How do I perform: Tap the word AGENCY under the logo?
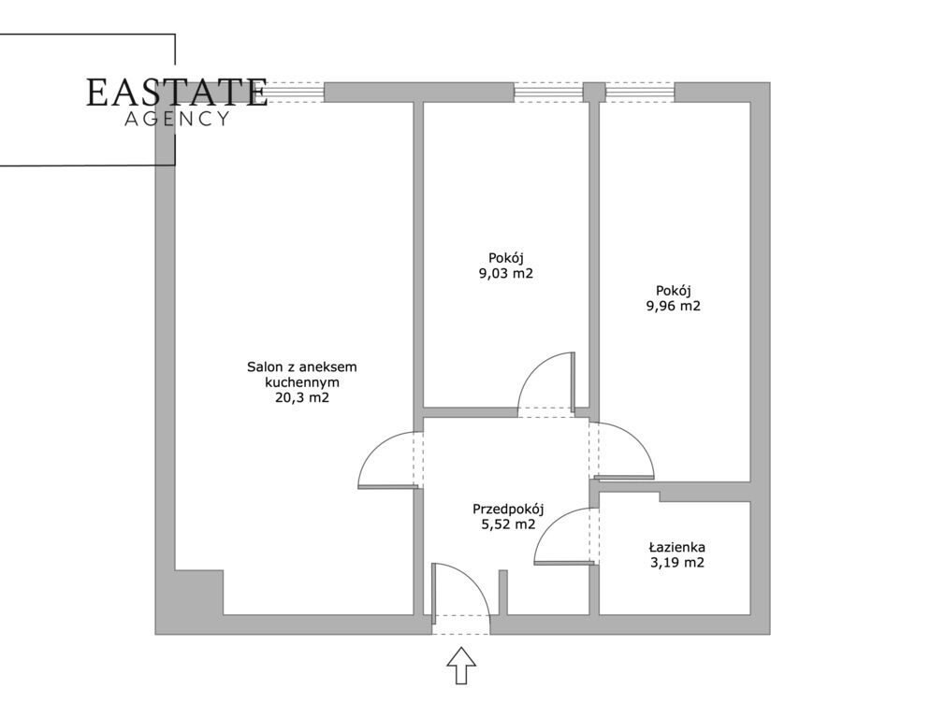177,119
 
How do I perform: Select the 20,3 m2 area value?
302,398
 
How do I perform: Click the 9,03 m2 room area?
506,273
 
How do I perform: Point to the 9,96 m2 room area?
674,306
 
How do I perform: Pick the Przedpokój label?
508,510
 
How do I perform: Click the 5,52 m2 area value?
508,524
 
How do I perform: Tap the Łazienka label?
676,547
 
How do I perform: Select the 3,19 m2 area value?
676,563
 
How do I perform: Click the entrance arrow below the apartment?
461,666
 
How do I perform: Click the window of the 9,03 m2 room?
548,93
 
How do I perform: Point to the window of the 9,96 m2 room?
640,93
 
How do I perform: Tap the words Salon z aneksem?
302,367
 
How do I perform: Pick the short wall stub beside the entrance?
503,593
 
